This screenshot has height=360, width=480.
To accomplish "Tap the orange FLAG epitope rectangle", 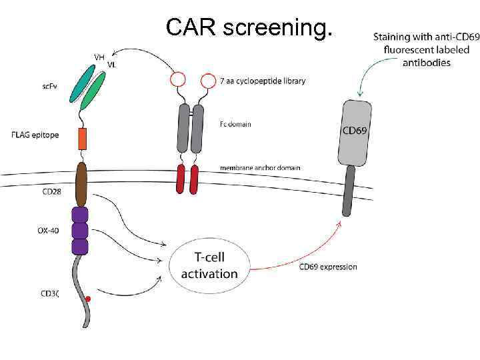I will (83, 139).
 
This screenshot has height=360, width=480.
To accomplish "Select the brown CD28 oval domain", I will (82, 183).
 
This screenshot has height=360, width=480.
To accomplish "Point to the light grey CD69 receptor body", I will (355, 133).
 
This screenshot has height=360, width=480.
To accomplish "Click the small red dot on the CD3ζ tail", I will (88, 301).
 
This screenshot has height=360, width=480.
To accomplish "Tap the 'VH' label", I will (99, 58).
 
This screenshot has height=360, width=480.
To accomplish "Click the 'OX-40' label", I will (47, 231).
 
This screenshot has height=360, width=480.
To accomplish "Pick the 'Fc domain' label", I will (235, 124).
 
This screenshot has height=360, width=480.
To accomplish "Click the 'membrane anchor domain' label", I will (260, 168).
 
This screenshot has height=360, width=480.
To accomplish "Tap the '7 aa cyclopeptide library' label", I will (263, 81).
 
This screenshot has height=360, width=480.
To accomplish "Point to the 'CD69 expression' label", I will (328, 267).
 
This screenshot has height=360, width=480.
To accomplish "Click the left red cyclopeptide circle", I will (178, 80).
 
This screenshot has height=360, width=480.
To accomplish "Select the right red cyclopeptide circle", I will (209, 80).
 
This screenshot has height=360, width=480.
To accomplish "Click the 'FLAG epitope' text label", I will (35, 135).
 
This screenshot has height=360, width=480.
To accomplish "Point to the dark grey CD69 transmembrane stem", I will (348, 191).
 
